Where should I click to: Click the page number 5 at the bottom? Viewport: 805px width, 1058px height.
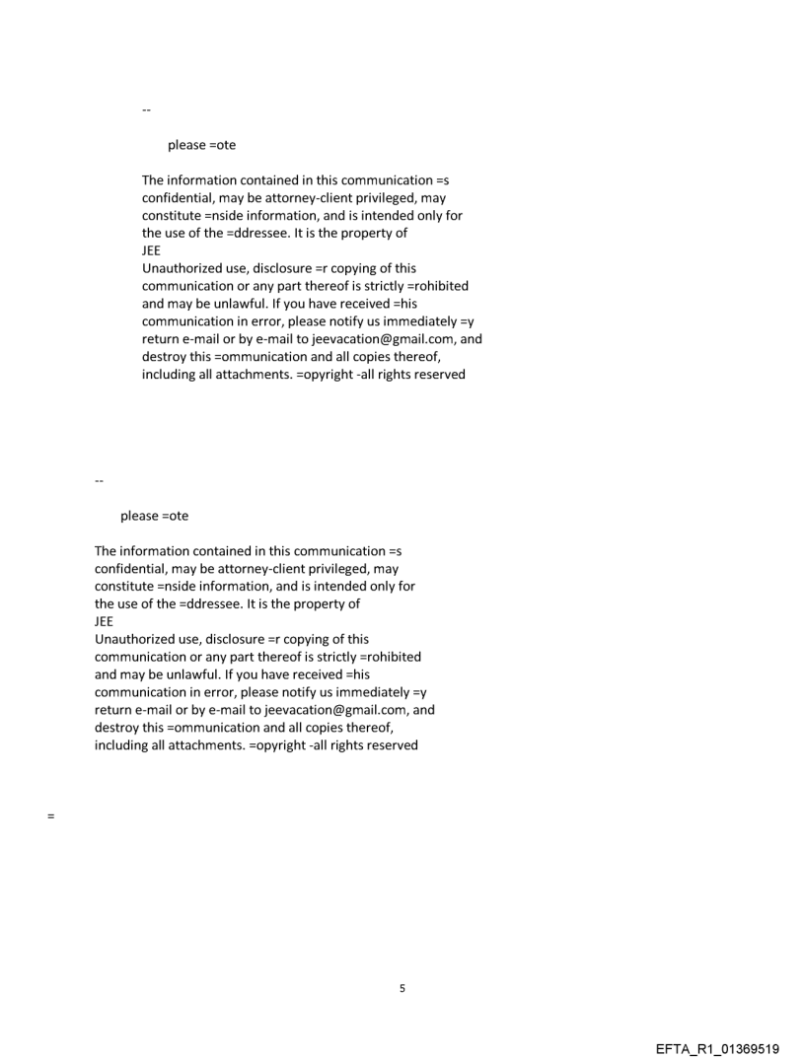(402, 988)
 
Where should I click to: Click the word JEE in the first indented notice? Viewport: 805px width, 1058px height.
(152, 250)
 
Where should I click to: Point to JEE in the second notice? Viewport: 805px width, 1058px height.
(105, 621)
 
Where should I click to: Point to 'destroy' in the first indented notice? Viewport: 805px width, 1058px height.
(165, 357)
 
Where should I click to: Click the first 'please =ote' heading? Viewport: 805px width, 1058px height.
(201, 145)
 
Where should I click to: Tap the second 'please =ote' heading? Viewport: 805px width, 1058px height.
(154, 516)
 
